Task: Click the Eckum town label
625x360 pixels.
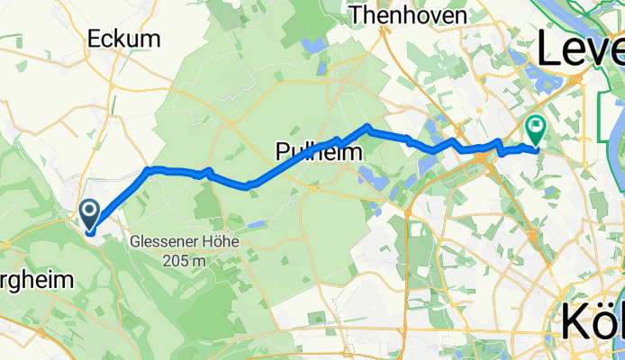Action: [x=123, y=39]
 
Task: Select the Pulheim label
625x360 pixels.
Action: [x=317, y=152]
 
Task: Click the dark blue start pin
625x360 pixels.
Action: [x=91, y=214]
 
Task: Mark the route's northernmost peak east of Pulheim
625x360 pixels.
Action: [x=367, y=126]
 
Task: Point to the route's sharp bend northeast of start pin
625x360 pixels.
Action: [x=149, y=169]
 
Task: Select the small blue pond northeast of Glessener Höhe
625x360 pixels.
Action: [x=258, y=223]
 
